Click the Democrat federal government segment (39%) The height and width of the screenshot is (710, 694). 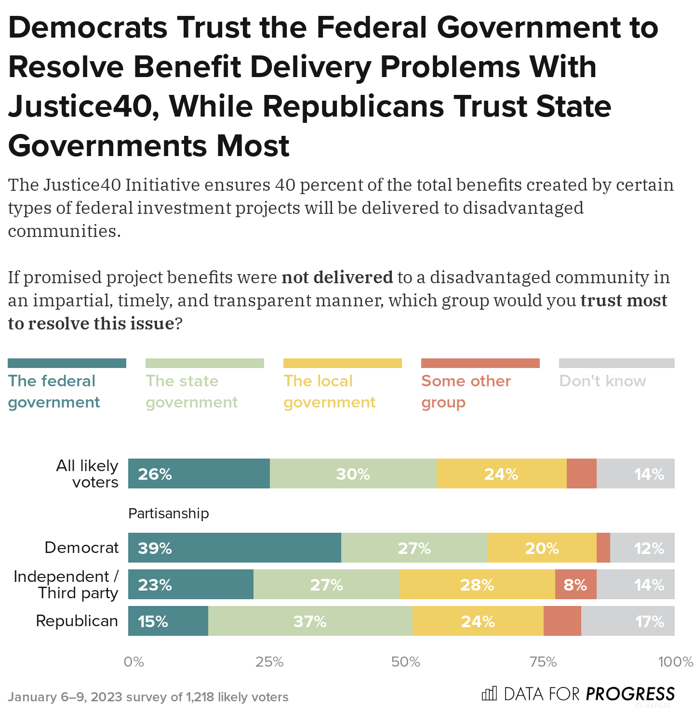[x=235, y=548]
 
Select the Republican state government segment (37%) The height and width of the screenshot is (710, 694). [x=310, y=621]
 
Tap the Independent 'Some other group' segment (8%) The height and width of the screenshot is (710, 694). [x=575, y=584]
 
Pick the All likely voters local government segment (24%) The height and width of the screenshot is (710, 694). [x=501, y=473]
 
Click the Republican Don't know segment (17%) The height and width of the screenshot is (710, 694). [x=627, y=621]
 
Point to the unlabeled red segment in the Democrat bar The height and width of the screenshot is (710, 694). [x=603, y=548]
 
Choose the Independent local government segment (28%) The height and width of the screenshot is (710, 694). [x=477, y=584]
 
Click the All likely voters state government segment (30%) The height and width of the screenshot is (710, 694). [x=353, y=473]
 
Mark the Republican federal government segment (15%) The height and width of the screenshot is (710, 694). [x=168, y=621]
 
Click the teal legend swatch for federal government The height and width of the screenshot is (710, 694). [x=67, y=363]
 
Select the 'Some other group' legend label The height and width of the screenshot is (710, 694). [x=466, y=391]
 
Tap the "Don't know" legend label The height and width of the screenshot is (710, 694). [x=602, y=381]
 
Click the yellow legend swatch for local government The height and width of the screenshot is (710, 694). [x=342, y=363]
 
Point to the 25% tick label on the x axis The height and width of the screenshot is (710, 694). [x=269, y=662]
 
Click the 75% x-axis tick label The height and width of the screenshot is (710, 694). [x=543, y=662]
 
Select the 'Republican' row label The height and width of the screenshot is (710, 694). [x=77, y=621]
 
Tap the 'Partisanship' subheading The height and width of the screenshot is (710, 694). [x=168, y=513]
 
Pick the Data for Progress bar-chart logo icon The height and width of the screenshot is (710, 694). [x=489, y=694]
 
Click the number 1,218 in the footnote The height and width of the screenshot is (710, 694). [x=200, y=697]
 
